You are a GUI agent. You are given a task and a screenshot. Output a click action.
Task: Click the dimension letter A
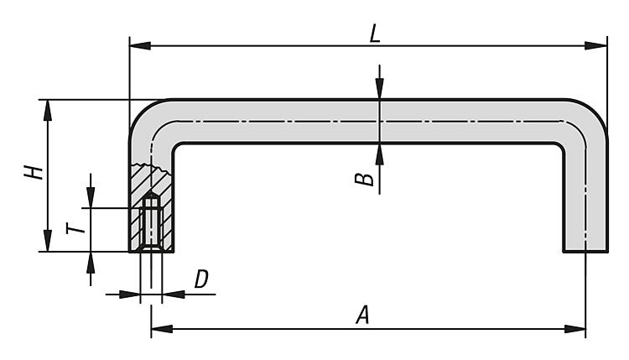tap(362, 316)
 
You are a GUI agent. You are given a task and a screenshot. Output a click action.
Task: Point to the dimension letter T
tap(75, 228)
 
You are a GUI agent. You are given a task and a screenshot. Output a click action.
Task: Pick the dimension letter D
tap(201, 280)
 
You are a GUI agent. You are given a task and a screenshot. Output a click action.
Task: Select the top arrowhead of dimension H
tap(48, 108)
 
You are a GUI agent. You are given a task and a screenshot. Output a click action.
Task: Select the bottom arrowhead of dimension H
tap(48, 243)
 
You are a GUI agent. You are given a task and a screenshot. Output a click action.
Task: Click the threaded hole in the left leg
tap(151, 222)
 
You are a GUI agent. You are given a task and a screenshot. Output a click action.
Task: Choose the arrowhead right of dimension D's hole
tap(169, 294)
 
